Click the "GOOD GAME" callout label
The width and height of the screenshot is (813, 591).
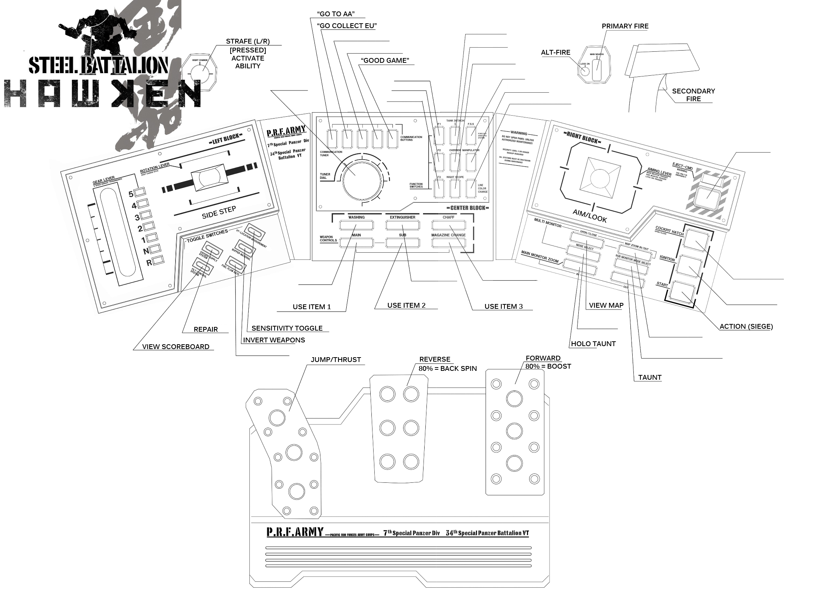click(385, 61)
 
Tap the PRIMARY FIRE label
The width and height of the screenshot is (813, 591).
click(625, 26)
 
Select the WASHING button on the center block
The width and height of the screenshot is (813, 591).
click(356, 225)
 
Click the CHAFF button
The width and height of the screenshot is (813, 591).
click(448, 225)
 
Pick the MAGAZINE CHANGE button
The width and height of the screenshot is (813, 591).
click(448, 243)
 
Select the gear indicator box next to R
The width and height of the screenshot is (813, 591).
click(158, 260)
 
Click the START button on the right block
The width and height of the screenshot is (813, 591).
click(682, 292)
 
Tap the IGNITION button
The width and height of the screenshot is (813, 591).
click(690, 266)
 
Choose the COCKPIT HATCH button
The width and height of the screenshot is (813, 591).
click(696, 240)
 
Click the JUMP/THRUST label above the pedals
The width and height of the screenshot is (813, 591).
click(336, 360)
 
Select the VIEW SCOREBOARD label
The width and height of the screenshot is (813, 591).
click(176, 347)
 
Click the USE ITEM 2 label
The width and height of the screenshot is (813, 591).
click(406, 305)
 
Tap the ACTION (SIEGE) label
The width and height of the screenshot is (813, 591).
click(746, 327)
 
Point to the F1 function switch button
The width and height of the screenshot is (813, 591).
click(439, 136)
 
